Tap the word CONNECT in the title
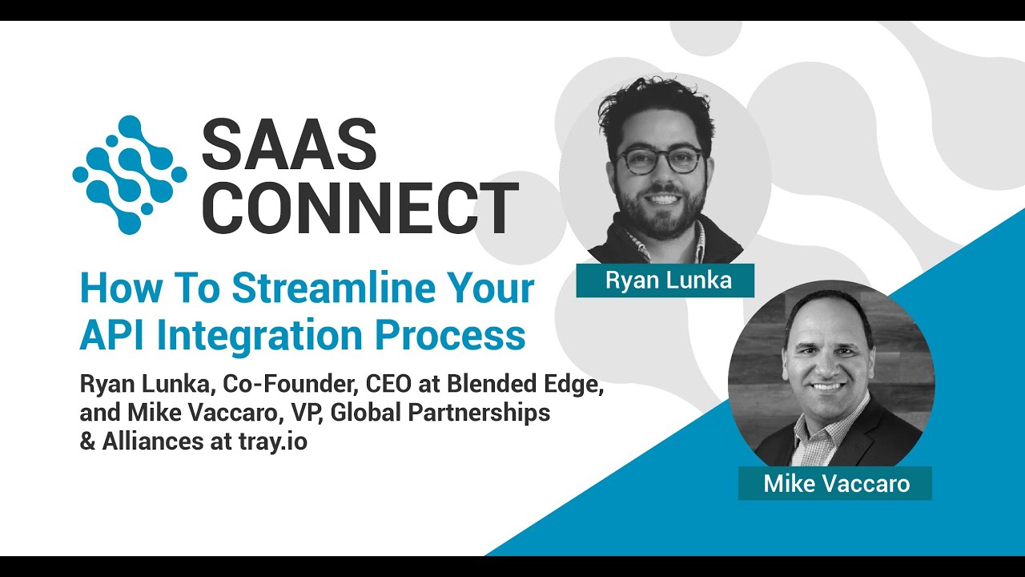pos(360,208)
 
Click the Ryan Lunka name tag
pos(665,280)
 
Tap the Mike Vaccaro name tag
pos(835,483)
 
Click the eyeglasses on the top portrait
pos(661,159)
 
